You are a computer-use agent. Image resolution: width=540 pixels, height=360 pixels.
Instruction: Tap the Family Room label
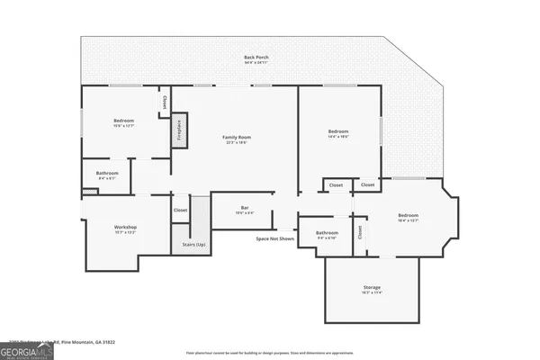pos(237,137)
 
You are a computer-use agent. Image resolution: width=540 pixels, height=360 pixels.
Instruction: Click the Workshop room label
pos(125,227)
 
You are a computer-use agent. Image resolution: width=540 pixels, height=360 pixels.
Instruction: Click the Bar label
pos(245,208)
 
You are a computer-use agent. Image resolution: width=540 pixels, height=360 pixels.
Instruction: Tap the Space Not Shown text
pos(274,238)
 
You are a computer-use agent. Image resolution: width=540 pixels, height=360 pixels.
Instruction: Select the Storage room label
pos(372,287)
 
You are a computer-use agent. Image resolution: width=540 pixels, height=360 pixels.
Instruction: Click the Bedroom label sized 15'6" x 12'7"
pos(123,121)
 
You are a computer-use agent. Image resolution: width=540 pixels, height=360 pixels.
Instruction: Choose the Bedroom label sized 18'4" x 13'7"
pos(408,215)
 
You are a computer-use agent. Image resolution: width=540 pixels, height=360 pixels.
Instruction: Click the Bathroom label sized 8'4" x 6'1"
pos(107,173)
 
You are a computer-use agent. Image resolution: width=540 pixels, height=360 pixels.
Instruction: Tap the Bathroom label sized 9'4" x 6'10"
pos(326,232)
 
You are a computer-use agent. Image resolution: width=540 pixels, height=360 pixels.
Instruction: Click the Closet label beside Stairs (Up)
pos(180,210)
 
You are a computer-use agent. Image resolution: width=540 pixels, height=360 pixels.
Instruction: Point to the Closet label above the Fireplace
pos(165,103)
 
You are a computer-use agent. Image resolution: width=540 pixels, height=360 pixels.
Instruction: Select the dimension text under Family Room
pos(237,142)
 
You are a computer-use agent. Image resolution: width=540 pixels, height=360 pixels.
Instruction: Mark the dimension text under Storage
pos(372,292)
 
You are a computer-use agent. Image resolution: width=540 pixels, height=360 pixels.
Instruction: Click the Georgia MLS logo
pos(27,350)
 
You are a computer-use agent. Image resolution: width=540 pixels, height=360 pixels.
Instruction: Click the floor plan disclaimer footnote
pos(270,352)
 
